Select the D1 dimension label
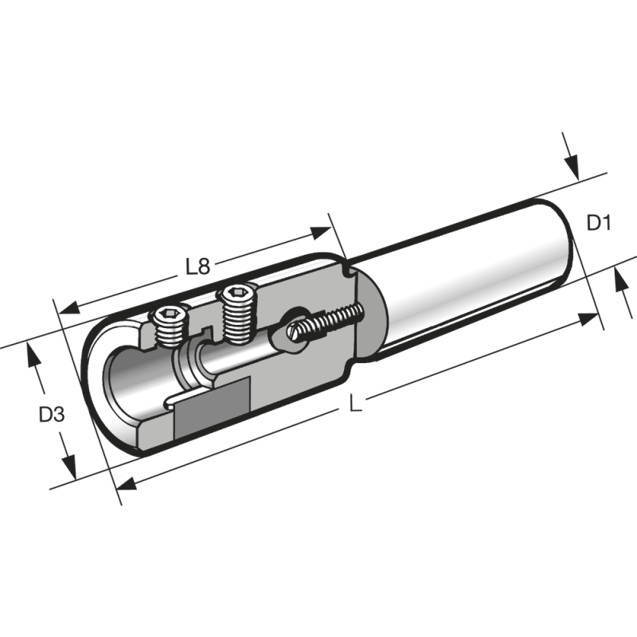coord(598,223)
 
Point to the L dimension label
coord(356,404)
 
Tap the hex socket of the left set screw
coord(169,316)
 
